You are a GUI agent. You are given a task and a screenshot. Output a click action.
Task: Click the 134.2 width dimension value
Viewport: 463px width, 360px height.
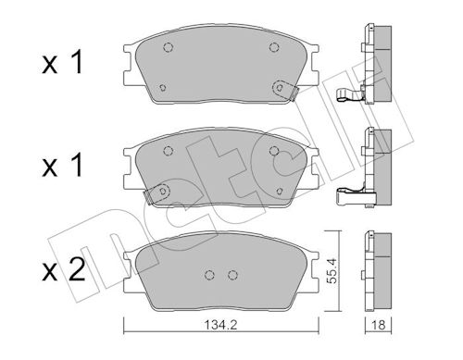(220, 325)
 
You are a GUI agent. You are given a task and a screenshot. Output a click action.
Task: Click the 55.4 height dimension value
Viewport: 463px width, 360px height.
(331, 271)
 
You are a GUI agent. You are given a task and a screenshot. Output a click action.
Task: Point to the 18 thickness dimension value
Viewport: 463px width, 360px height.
(379, 325)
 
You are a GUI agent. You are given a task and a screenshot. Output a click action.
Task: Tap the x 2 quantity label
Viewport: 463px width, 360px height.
(63, 270)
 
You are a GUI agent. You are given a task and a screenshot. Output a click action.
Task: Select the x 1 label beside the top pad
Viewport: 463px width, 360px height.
(62, 63)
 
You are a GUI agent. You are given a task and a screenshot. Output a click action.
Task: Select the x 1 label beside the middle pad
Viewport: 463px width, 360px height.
(62, 165)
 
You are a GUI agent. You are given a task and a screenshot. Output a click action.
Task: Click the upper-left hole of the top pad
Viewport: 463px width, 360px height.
(168, 47)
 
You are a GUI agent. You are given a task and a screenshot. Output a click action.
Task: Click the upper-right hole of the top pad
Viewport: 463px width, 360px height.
(274, 47)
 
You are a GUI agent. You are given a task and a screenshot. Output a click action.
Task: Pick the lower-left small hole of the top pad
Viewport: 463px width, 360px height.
(163, 88)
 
